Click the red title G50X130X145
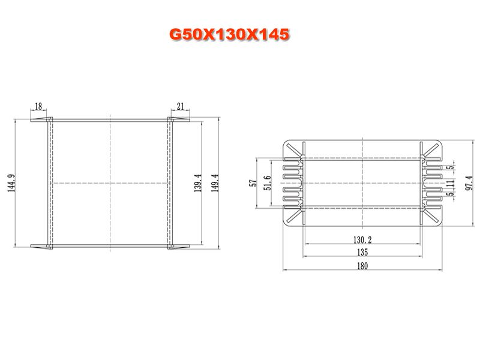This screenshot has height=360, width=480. pyautogui.click(x=229, y=34)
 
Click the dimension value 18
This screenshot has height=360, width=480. pyautogui.click(x=38, y=106)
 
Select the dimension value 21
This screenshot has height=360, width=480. pyautogui.click(x=181, y=106)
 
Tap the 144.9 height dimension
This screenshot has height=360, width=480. pyautogui.click(x=11, y=183)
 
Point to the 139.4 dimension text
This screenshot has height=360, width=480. pyautogui.click(x=198, y=183)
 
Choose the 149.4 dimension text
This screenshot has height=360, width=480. pyautogui.click(x=215, y=183)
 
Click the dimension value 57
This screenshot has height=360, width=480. pyautogui.click(x=253, y=183)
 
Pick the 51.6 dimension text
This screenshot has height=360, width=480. pyautogui.click(x=267, y=183)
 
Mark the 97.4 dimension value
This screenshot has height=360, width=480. pyautogui.click(x=469, y=183)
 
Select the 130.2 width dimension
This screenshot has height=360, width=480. pyautogui.click(x=362, y=239)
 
